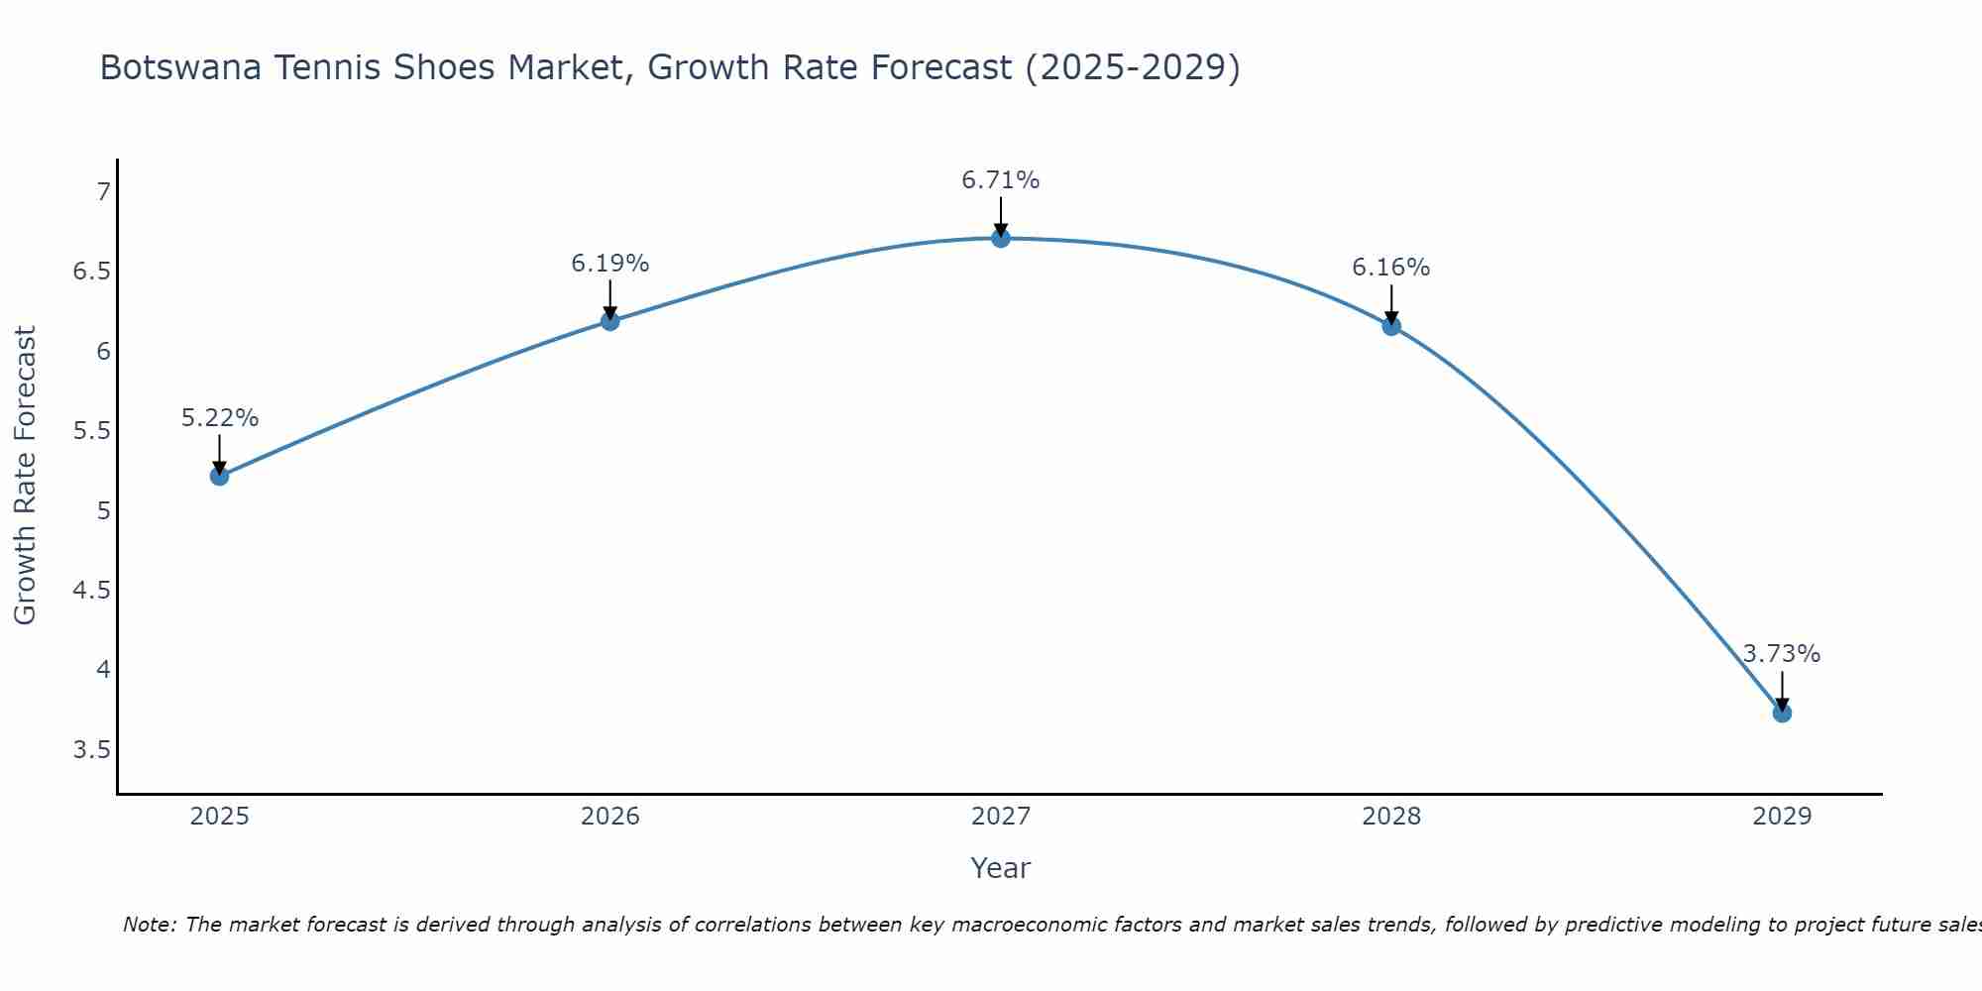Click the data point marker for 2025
point(219,476)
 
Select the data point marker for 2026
point(609,321)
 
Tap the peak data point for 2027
point(1000,238)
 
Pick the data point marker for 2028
point(1390,326)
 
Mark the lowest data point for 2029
point(1781,713)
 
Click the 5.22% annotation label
point(219,418)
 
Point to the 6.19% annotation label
point(609,264)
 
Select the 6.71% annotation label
point(1000,180)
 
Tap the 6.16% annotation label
point(1390,268)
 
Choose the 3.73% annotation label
point(1781,654)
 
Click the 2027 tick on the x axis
point(1000,817)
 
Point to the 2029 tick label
point(1781,817)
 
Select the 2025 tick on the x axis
point(219,817)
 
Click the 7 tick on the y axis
point(103,192)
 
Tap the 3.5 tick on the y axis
point(91,749)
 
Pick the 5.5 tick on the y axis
point(91,431)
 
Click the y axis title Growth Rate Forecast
point(25,475)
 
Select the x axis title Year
point(1000,868)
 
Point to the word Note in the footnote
point(148,925)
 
